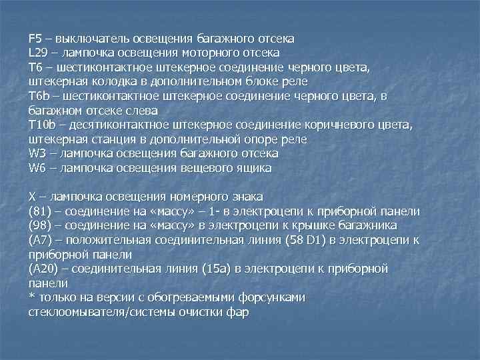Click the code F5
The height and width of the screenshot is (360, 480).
(35, 38)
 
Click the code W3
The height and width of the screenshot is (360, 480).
(37, 154)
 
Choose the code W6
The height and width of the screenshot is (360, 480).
(37, 169)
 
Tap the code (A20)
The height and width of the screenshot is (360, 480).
(43, 269)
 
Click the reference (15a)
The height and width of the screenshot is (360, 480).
(237, 269)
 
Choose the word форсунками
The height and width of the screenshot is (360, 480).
(270, 298)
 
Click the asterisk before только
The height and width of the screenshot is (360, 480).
(31, 297)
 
